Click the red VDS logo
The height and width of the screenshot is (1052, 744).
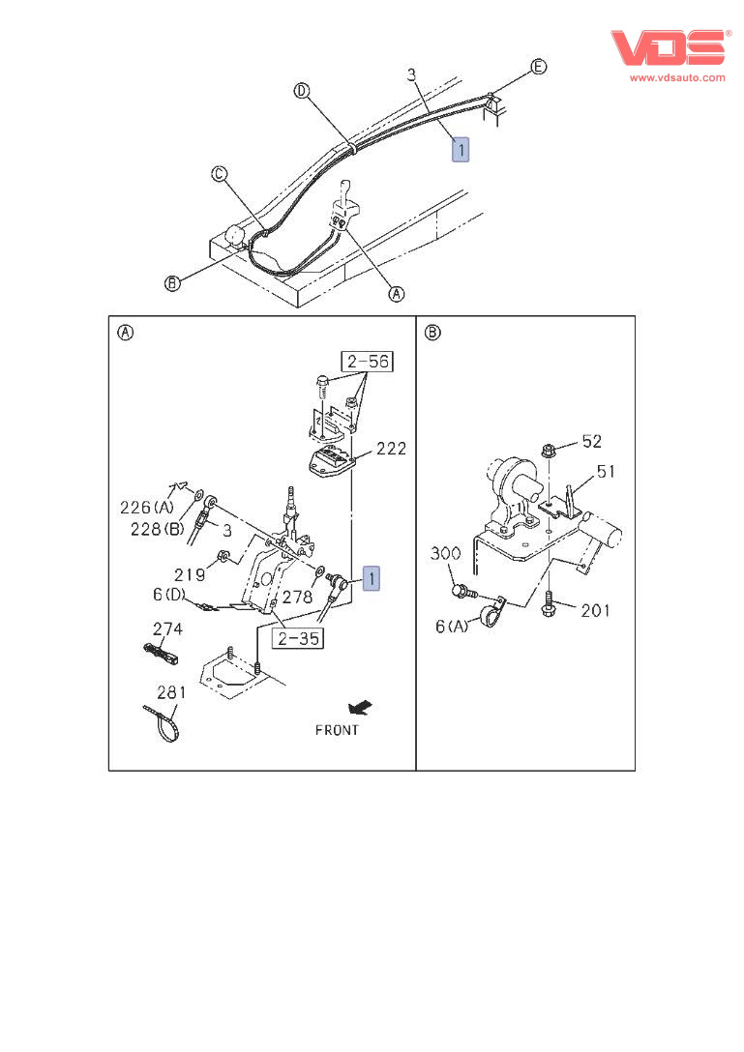pos(668,48)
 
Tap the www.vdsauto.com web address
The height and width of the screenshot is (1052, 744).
pos(677,77)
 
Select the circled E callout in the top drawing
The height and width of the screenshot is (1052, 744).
pos(539,67)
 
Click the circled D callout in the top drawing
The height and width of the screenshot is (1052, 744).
pos(302,91)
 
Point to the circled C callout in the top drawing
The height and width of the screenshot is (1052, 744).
pos(220,174)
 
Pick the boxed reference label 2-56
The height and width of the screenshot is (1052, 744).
pos(367,362)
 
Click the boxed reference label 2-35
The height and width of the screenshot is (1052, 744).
pos(297,638)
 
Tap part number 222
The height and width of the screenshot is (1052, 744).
pos(391,449)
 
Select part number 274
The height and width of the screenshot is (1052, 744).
pos(167,628)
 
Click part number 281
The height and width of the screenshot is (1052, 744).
pos(171,692)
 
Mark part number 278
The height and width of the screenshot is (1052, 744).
pos(297,599)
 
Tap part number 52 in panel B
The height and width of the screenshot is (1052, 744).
pos(590,441)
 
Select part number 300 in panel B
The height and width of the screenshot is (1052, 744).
pos(446,554)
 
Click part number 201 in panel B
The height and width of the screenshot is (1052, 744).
pos(596,610)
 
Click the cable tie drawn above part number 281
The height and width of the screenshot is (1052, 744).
pos(163,724)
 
